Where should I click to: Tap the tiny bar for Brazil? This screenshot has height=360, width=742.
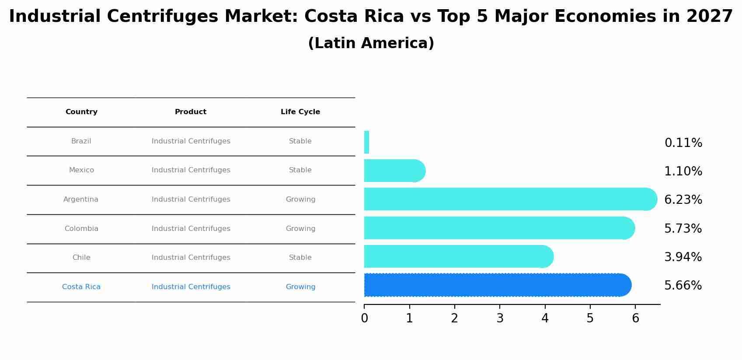(367, 142)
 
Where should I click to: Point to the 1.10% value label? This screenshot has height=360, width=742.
(683, 171)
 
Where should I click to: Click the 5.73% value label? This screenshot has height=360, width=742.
(683, 229)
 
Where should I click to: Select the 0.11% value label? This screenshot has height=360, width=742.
(683, 143)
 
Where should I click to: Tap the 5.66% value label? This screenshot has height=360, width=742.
(683, 286)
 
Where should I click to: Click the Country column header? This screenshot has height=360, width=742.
(81, 112)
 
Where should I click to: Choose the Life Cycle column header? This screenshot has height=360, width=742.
(300, 112)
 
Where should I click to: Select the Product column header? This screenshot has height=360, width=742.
(191, 112)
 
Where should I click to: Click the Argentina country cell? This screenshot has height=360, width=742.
(81, 199)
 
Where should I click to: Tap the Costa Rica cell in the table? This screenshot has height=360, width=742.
(81, 287)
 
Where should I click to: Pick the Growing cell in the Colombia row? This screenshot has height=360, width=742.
(300, 229)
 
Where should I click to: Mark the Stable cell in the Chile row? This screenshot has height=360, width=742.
(300, 258)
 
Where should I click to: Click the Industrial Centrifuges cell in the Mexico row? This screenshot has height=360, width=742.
(191, 170)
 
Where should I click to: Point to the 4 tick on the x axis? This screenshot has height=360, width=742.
(545, 318)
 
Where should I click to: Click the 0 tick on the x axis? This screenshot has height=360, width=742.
(364, 318)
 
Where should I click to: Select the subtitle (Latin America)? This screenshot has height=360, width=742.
(371, 43)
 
